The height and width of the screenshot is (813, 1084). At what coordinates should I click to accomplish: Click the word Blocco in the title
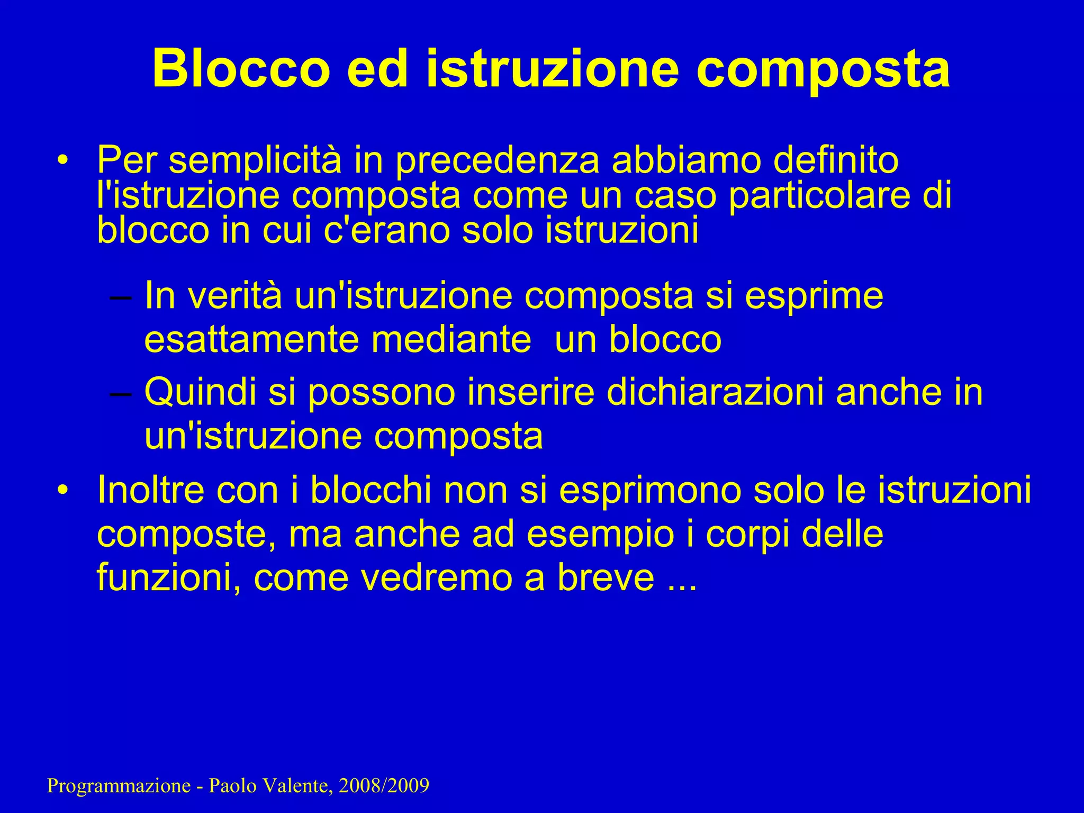tap(241, 69)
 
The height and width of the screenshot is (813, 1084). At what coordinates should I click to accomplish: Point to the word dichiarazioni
tap(715, 392)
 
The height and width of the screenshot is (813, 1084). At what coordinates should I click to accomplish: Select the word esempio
tap(600, 534)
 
